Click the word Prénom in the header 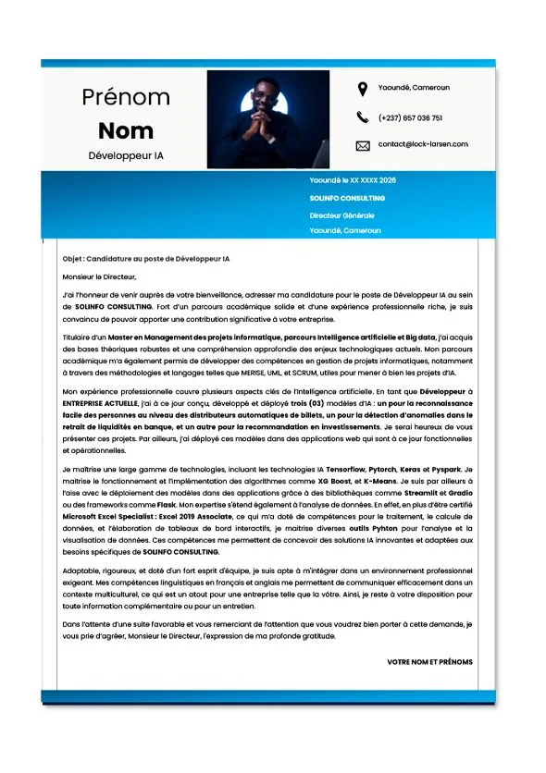tap(126, 97)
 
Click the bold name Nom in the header tap(126, 130)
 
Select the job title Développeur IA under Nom tap(126, 156)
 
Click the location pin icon tap(362, 89)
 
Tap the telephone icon tap(362, 117)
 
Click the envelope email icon tap(362, 145)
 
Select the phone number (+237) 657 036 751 tap(410, 118)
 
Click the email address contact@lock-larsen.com tap(423, 144)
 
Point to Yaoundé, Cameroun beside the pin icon tap(414, 88)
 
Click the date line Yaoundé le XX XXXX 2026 tap(353, 180)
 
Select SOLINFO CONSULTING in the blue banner tap(347, 198)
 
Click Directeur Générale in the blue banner tap(341, 215)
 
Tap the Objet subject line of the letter tap(146, 259)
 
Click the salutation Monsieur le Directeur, tap(99, 276)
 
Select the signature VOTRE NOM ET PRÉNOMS tap(429, 662)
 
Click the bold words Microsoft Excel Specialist tap(109, 517)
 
